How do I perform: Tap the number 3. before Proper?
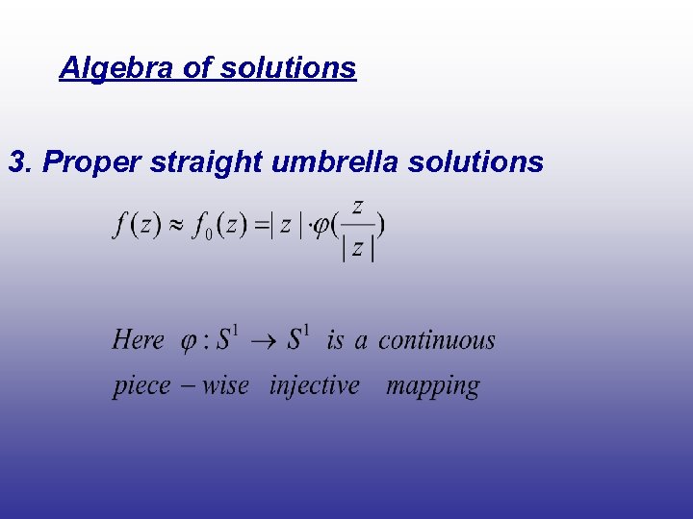click(x=20, y=162)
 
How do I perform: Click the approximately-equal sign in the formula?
click(x=176, y=226)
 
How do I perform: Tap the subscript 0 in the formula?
click(x=207, y=235)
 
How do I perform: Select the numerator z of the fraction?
click(x=357, y=206)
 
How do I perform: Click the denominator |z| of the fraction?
click(x=357, y=248)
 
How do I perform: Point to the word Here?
click(x=138, y=339)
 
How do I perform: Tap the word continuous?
click(x=437, y=339)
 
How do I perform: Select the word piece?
click(x=141, y=386)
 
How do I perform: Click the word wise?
click(x=225, y=385)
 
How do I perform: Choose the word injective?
click(x=315, y=385)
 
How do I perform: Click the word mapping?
click(x=432, y=386)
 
